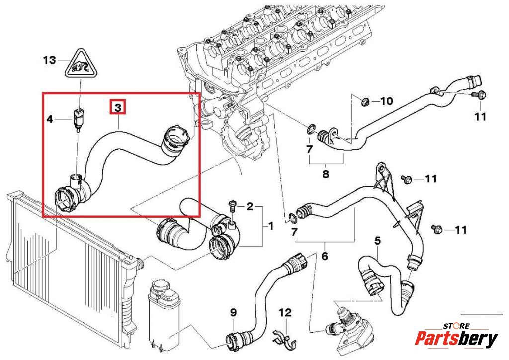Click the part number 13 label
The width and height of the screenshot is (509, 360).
coord(49,60)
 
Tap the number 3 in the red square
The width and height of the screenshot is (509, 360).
coord(118,107)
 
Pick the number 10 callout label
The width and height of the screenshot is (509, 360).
coord(386,101)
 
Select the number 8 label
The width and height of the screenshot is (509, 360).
coord(326,174)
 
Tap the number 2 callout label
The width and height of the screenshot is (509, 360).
coord(250,206)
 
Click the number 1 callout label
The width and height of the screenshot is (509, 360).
coord(270,226)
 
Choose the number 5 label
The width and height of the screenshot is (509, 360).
coord(377,241)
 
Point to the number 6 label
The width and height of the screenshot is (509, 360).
coord(325,257)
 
